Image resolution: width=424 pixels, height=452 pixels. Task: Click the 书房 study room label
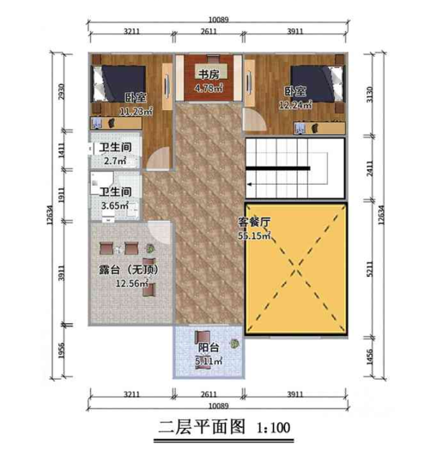207,73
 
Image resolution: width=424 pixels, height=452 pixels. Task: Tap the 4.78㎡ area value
208,87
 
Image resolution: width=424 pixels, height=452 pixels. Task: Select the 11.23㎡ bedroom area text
136,110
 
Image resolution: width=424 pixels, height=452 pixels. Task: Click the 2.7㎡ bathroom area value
115,161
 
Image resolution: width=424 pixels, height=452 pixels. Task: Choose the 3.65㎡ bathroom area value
115,206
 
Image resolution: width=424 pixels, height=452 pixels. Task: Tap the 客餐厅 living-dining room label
255,222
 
